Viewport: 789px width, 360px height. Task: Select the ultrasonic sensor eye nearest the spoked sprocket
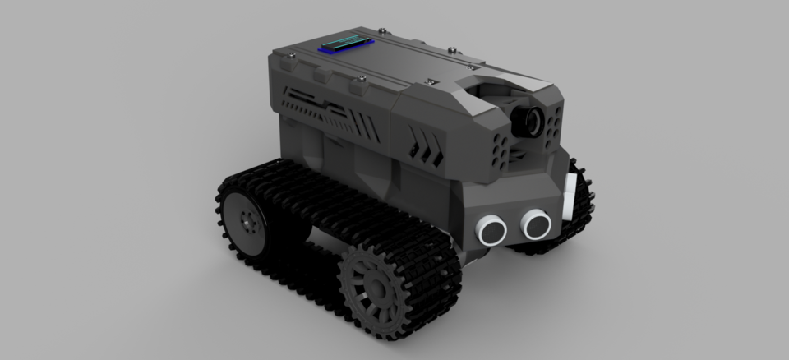click(x=494, y=227)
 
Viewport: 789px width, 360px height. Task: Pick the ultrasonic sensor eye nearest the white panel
click(x=536, y=220)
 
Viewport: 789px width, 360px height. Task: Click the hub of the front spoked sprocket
click(x=375, y=289)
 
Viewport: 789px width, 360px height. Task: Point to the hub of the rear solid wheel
click(x=246, y=219)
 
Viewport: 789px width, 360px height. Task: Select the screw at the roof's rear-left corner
click(x=290, y=56)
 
